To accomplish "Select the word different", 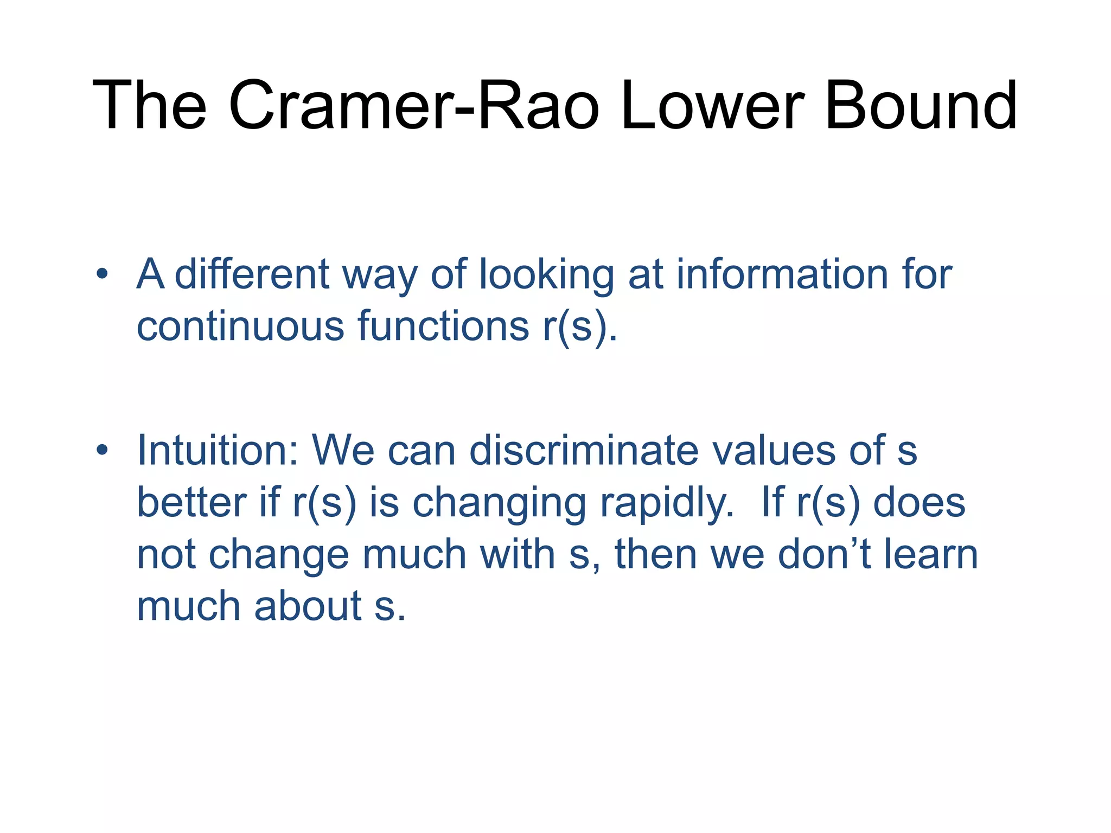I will [252, 274].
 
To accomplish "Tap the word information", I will [781, 274].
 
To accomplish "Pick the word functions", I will [443, 326].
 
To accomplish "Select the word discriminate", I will [584, 450].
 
